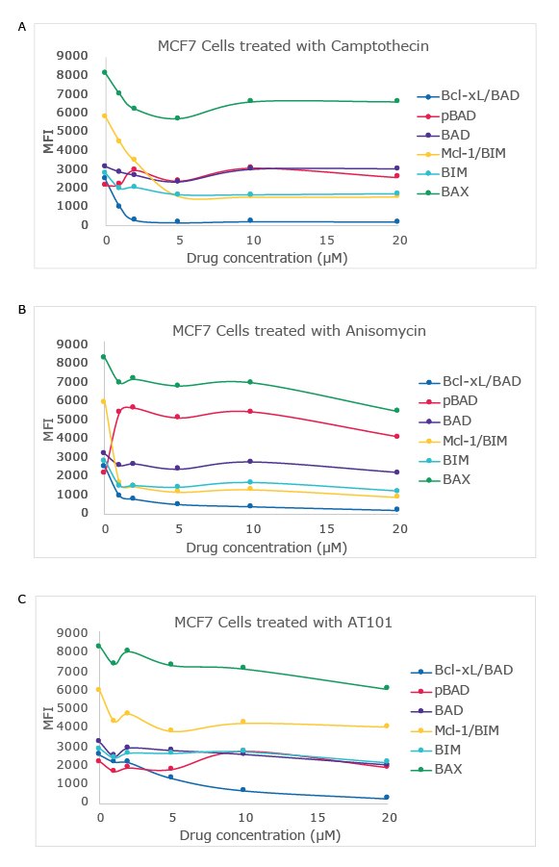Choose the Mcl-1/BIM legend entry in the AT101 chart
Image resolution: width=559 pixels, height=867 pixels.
(465, 728)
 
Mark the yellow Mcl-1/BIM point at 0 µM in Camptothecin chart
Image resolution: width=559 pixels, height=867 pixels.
(105, 115)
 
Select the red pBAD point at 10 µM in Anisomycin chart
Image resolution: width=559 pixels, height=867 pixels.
(250, 411)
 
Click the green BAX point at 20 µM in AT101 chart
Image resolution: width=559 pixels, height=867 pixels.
(387, 687)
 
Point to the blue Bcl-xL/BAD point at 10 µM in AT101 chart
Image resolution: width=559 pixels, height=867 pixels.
(242, 789)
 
